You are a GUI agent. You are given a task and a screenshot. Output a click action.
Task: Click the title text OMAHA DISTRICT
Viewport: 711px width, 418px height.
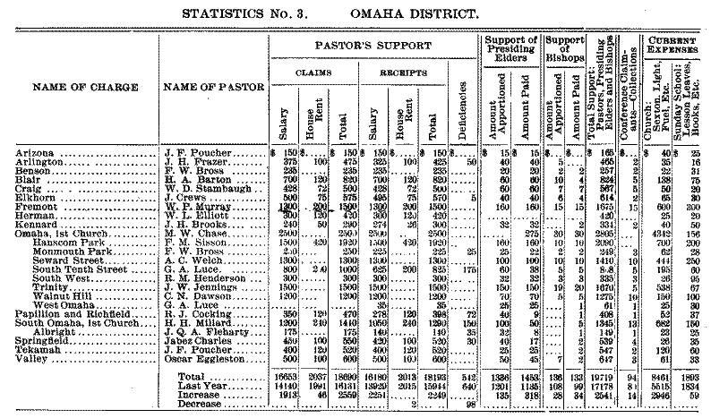(x=452, y=13)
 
